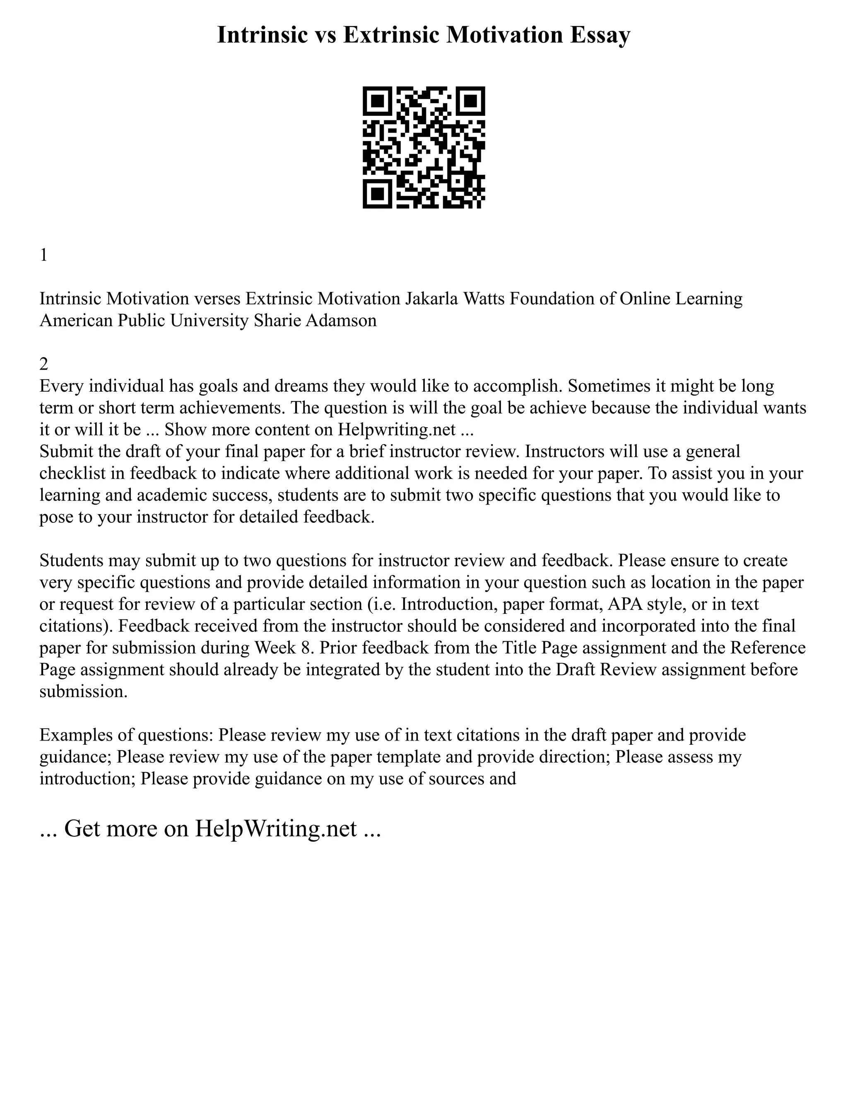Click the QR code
point(424,147)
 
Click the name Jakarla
point(431,299)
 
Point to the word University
point(209,320)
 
